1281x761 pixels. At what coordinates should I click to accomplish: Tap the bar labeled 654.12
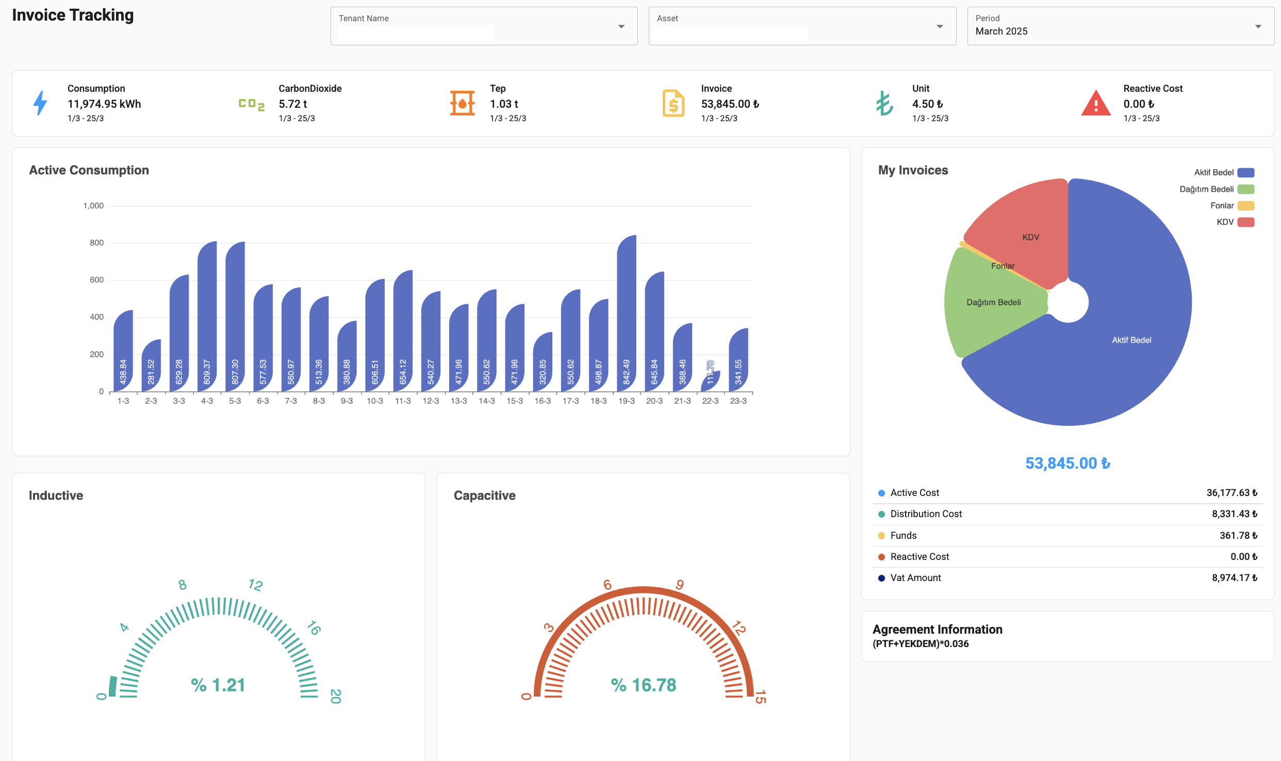[403, 330]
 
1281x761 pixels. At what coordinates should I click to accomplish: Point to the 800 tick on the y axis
[96, 243]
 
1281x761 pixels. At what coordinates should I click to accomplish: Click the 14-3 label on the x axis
[486, 401]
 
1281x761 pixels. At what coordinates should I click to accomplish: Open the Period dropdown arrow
[1258, 26]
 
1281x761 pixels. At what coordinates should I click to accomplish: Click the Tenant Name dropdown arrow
[621, 26]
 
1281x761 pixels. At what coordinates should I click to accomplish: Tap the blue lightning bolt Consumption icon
[40, 103]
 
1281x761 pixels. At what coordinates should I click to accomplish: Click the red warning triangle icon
[1095, 103]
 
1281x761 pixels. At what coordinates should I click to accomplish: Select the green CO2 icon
[251, 104]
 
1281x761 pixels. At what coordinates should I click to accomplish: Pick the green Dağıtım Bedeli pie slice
[990, 304]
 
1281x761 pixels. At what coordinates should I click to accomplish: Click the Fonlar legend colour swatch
[1245, 206]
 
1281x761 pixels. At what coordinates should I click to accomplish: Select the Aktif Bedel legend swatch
[1245, 173]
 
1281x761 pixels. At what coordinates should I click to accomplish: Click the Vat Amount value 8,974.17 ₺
[1234, 578]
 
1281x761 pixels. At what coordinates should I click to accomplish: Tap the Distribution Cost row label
[926, 514]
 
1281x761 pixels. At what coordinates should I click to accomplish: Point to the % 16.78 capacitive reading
[643, 685]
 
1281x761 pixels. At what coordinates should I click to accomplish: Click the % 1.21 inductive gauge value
[218, 685]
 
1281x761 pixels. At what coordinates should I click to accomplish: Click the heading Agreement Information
[937, 630]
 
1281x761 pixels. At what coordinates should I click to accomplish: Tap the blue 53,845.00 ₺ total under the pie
[1067, 463]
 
